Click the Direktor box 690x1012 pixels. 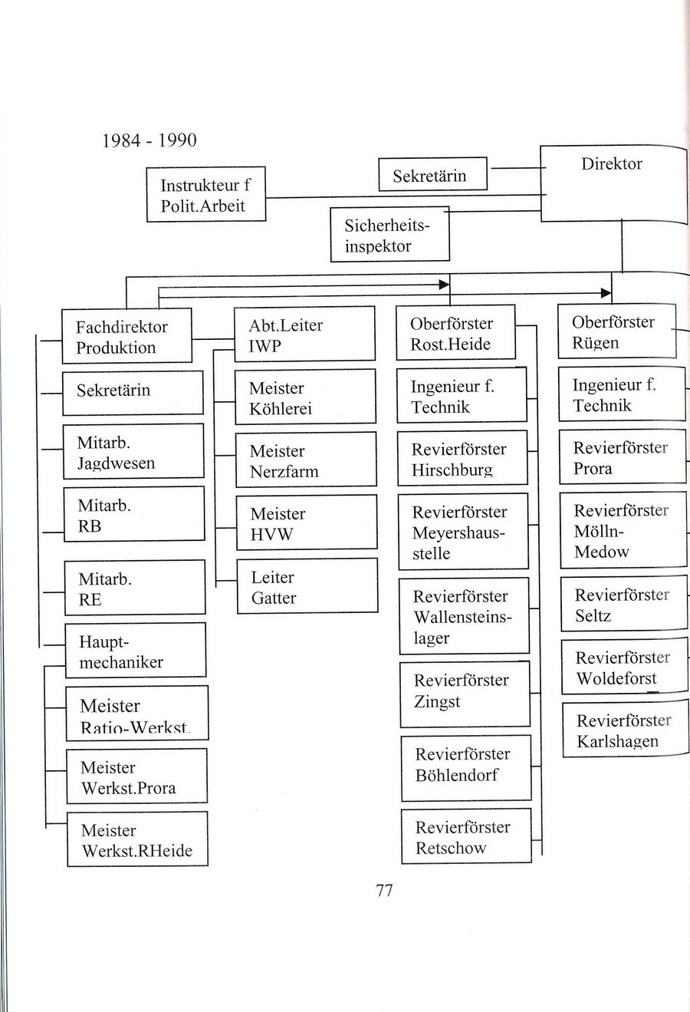point(613,183)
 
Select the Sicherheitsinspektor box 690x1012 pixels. point(389,235)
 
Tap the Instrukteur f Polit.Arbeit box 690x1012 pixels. point(205,195)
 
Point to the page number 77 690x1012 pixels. point(384,890)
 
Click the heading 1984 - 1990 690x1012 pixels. point(149,140)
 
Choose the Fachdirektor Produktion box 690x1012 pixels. point(127,336)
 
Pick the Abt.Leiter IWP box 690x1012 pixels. point(304,335)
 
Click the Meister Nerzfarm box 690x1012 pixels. point(306,460)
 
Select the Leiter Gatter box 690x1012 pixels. point(307,587)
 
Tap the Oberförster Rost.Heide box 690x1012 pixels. point(455,333)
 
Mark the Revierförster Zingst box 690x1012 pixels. point(465,694)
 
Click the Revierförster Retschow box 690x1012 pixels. point(466,836)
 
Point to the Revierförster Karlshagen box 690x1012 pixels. point(625,730)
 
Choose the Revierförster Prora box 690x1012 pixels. point(623,457)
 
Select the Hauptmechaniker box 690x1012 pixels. point(136,651)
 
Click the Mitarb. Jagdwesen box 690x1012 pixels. point(133,452)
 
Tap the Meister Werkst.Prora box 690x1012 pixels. point(136,777)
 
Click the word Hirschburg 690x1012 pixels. point(452,470)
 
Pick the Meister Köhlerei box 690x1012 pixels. point(305,397)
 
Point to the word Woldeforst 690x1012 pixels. point(616,679)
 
